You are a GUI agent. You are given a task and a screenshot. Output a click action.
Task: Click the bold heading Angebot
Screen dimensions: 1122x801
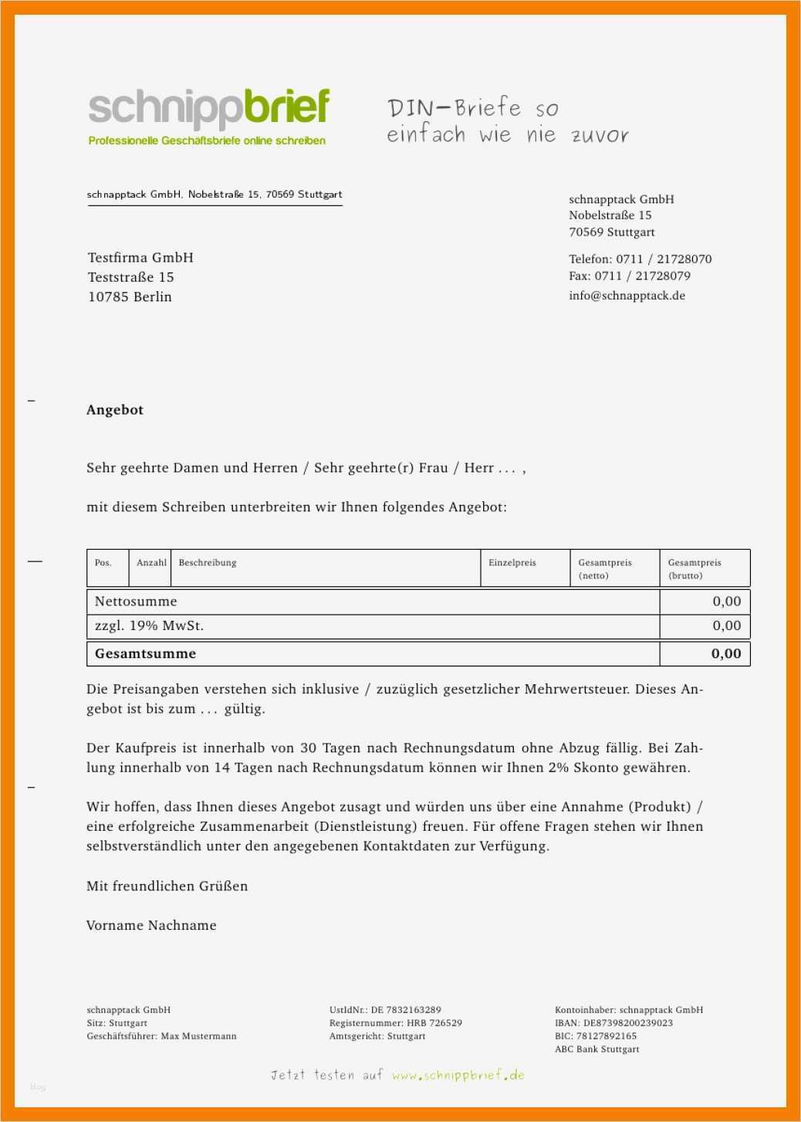point(115,410)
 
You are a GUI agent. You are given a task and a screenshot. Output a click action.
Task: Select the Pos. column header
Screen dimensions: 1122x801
point(103,563)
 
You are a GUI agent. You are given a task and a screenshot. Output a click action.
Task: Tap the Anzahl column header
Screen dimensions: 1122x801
point(151,563)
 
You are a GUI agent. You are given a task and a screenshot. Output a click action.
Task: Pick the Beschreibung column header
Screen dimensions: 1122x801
point(208,563)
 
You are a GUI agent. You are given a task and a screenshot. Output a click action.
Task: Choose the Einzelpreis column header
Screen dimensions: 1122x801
point(512,563)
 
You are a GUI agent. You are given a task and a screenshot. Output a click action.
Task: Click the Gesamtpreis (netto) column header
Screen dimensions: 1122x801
point(605,568)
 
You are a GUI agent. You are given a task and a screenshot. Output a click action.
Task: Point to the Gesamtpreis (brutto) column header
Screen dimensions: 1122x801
point(695,568)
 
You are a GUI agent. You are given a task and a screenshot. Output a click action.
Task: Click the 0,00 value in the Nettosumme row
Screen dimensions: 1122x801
point(726,602)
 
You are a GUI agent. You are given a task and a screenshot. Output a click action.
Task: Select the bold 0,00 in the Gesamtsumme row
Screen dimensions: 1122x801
point(726,654)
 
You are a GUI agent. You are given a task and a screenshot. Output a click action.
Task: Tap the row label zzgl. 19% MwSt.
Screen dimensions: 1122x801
point(149,626)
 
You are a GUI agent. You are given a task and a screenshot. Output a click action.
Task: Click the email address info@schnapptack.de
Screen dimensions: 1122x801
point(627,296)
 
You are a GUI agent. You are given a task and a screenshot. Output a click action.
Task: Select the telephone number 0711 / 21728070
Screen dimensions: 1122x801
point(664,259)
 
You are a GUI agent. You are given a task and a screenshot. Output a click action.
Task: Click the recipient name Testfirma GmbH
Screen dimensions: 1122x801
point(140,258)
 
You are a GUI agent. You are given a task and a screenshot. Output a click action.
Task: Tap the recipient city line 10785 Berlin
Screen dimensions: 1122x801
point(130,297)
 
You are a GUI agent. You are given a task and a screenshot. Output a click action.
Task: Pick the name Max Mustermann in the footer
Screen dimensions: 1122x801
point(198,1036)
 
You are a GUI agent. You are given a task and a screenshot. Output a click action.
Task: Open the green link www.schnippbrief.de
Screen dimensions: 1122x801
point(458,1075)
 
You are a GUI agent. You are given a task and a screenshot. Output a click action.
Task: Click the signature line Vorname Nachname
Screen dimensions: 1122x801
point(151,926)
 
